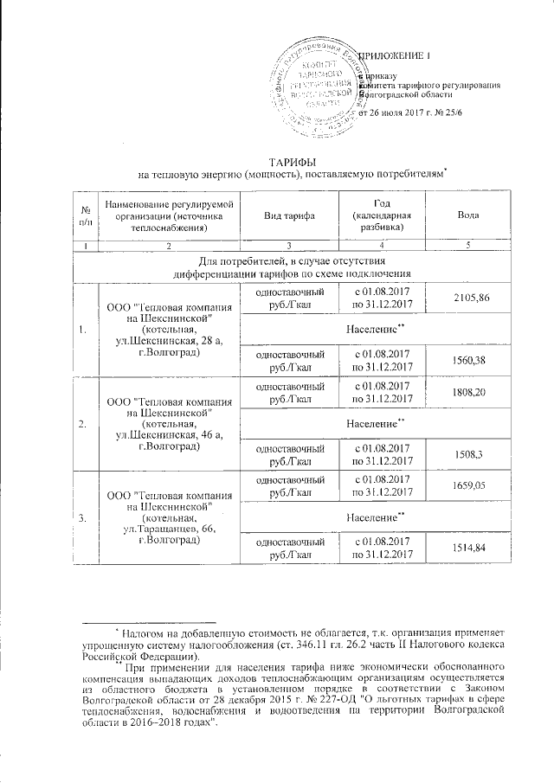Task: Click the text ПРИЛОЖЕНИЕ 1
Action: coord(394,56)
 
